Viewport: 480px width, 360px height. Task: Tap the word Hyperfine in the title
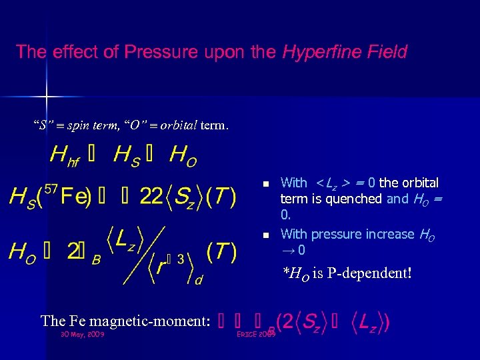coord(314,51)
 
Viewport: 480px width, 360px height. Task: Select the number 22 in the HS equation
coord(152,197)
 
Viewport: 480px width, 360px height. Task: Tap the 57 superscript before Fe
coord(51,190)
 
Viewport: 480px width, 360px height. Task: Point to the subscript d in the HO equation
coord(198,281)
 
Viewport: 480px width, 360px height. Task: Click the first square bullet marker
coord(265,183)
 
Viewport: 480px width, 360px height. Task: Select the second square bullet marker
coord(265,235)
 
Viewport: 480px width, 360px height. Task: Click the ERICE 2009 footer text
coord(256,333)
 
